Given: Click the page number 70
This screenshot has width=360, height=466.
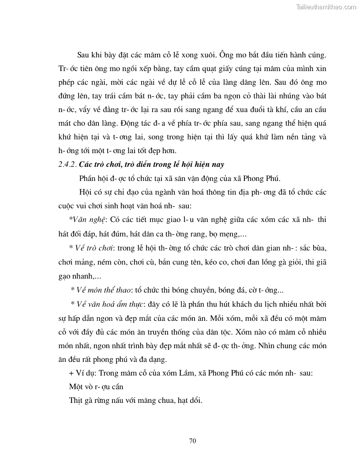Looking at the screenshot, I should tap(192, 440).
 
